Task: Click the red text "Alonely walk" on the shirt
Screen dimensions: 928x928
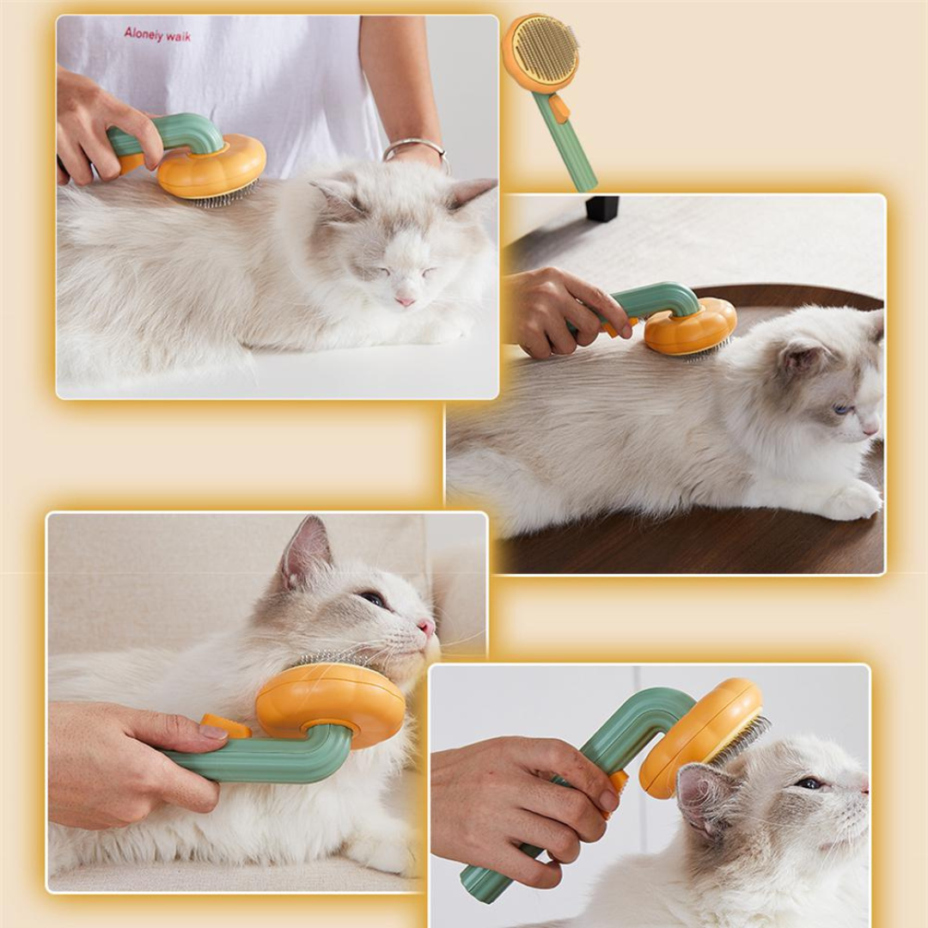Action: (x=157, y=35)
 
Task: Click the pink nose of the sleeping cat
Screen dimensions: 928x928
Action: (x=403, y=300)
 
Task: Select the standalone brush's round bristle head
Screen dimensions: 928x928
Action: (x=544, y=51)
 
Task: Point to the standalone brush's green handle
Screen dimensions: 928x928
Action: (x=567, y=146)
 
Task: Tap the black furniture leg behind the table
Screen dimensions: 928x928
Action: (x=601, y=208)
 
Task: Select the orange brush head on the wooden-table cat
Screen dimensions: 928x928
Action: (x=690, y=327)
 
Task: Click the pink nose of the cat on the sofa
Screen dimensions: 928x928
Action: (x=427, y=626)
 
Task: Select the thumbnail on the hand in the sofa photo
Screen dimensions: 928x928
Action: (x=213, y=732)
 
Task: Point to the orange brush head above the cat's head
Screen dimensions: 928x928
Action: (x=699, y=736)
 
